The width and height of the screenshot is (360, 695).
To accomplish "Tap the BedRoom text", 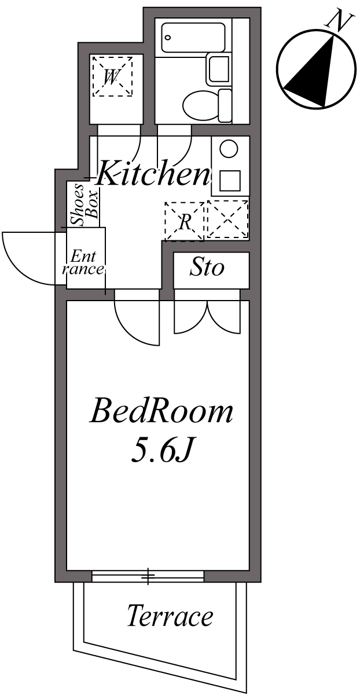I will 161,412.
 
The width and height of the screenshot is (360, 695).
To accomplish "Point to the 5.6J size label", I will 160,452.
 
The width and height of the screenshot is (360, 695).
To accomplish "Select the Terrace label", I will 170,616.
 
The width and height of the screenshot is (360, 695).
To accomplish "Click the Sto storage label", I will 207,268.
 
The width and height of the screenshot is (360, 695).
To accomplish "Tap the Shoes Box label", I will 84,204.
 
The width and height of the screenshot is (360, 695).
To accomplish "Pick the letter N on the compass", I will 340,21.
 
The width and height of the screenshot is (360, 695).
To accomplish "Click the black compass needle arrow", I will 315,72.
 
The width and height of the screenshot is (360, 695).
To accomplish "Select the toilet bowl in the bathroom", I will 200,105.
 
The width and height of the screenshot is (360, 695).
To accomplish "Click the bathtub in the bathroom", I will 193,38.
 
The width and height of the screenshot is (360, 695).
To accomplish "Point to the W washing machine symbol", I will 112,76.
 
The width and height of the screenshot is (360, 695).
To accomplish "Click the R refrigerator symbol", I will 184,221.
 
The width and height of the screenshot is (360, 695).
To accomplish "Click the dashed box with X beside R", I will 227,220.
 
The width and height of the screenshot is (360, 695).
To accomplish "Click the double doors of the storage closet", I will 207,316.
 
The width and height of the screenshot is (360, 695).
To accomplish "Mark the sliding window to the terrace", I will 148,576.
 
